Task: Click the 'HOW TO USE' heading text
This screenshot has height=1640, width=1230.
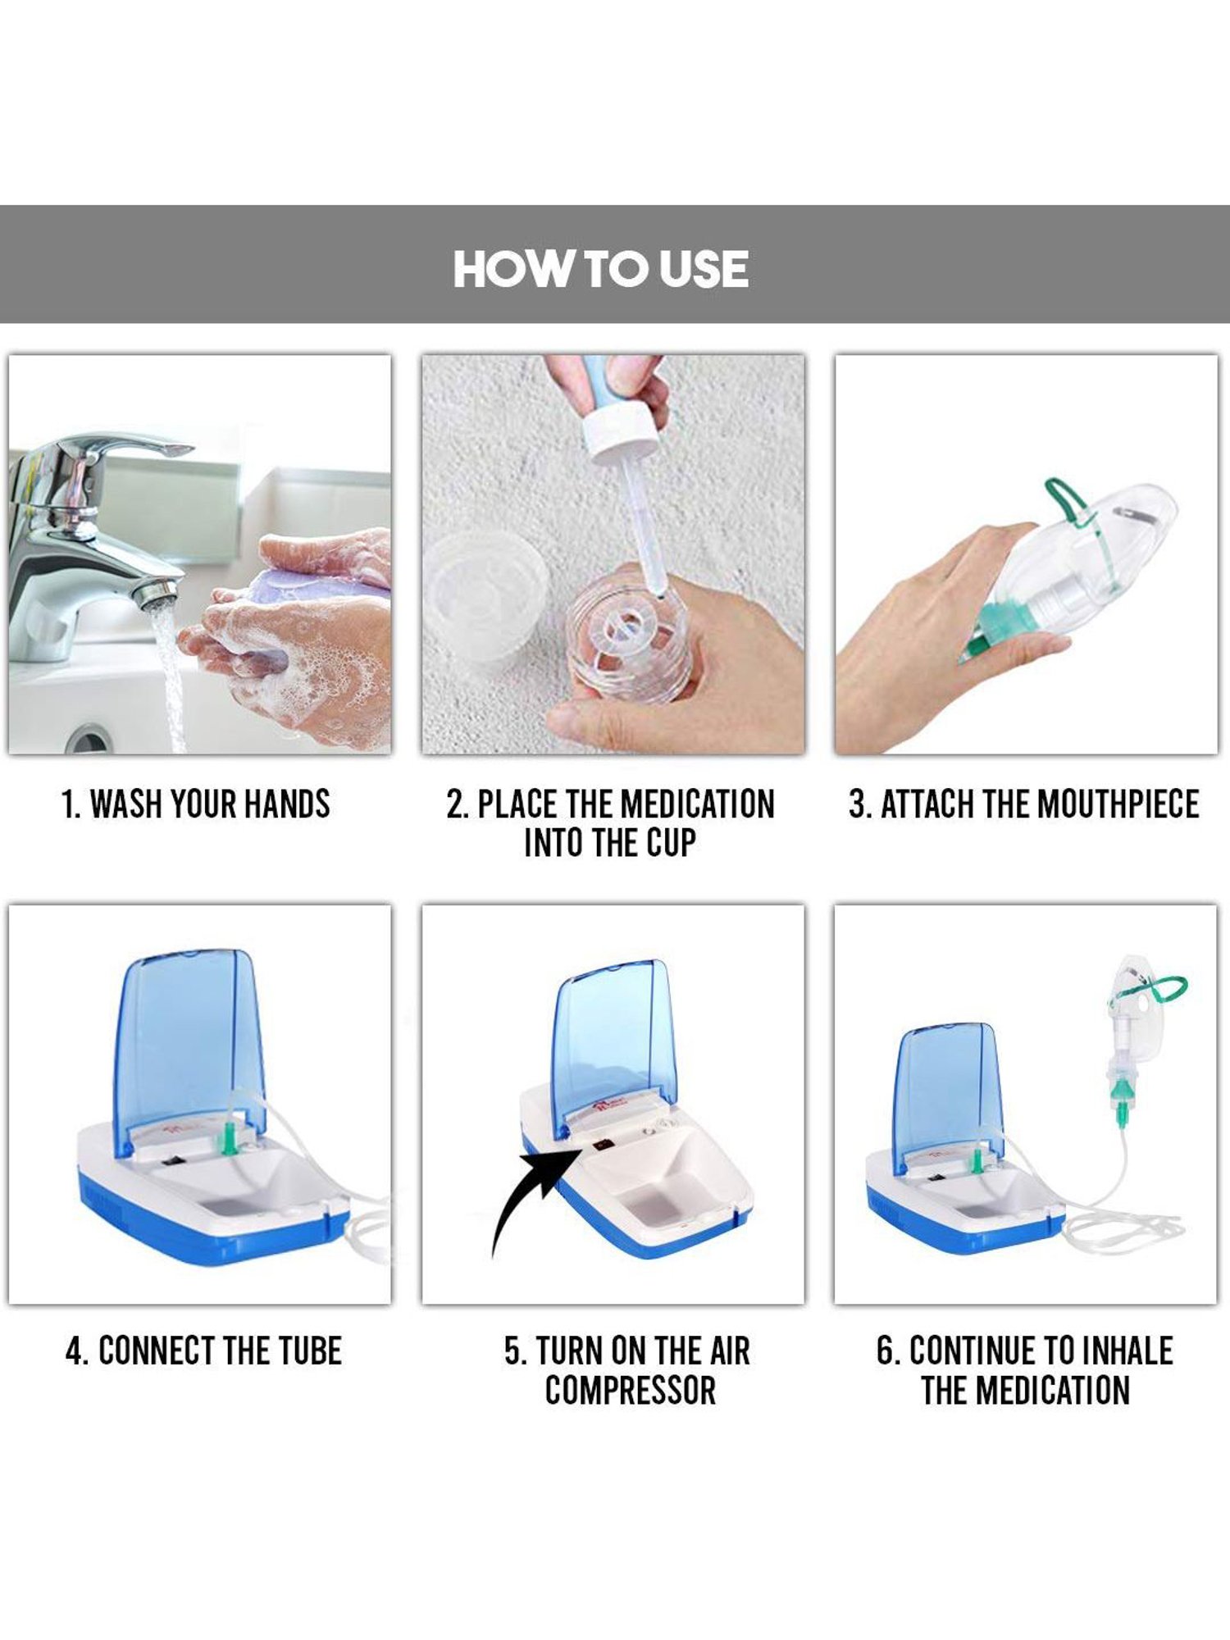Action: [600, 269]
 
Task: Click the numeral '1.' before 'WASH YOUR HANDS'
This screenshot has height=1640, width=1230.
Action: [71, 804]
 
